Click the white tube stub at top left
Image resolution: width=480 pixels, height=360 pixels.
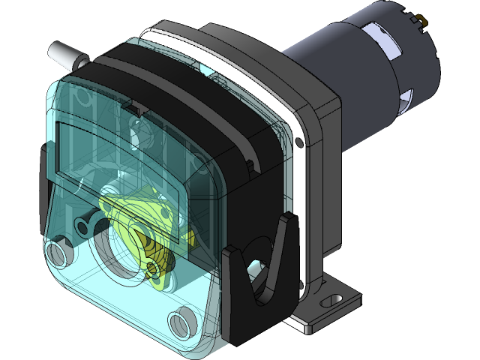point(65,54)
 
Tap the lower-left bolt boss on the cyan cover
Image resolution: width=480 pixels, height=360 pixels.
point(58,250)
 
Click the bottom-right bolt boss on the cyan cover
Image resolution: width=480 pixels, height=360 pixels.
point(182,324)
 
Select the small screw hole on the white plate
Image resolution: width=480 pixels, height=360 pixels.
point(300,141)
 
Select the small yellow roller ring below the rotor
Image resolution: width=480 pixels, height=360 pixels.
point(154,268)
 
